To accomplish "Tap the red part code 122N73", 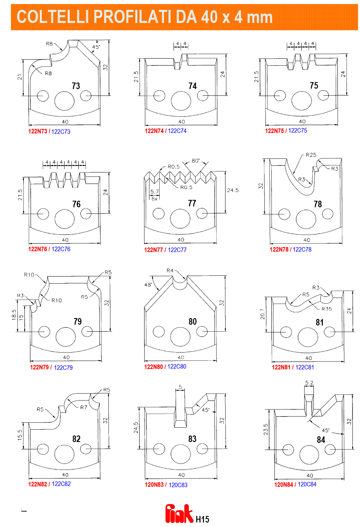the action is pyautogui.click(x=38, y=131).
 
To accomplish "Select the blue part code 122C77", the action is pyautogui.click(x=177, y=250).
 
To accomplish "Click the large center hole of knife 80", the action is pyautogui.click(x=180, y=337).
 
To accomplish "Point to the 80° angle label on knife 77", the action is pyautogui.click(x=195, y=161).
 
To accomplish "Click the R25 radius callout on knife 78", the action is pyautogui.click(x=311, y=155).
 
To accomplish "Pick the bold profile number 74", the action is pyautogui.click(x=193, y=86).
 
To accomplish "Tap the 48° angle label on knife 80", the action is pyautogui.click(x=148, y=285).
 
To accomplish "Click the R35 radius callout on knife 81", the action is pyautogui.click(x=327, y=309).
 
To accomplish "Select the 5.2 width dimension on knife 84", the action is pyautogui.click(x=309, y=383).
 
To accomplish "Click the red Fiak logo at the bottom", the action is pyautogui.click(x=179, y=514).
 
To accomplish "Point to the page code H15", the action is pyautogui.click(x=202, y=519).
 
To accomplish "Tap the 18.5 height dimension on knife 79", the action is pyautogui.click(x=14, y=315).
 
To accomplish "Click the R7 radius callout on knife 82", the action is pyautogui.click(x=83, y=407).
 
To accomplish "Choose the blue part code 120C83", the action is pyautogui.click(x=178, y=485).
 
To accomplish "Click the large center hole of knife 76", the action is pyautogui.click(x=64, y=219).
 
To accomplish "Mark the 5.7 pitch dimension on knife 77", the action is pyautogui.click(x=155, y=192).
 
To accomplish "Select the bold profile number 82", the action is pyautogui.click(x=76, y=439).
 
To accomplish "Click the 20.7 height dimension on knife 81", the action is pyautogui.click(x=263, y=314).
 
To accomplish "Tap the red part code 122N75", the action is pyautogui.click(x=274, y=131).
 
